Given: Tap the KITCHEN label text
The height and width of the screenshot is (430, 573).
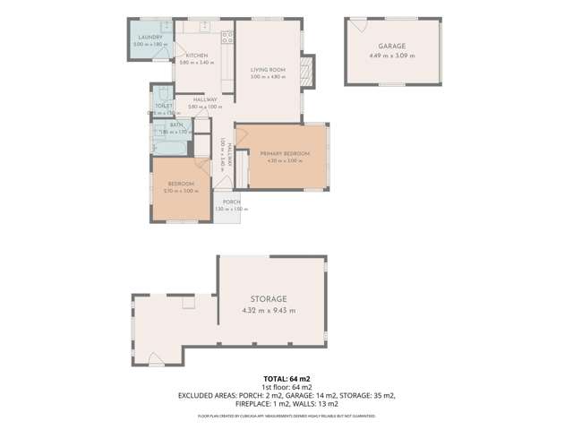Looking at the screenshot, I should (x=197, y=55).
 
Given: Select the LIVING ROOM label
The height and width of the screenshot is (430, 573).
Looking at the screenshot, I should (x=268, y=69).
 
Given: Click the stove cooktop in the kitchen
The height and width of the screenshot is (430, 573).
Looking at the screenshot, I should (x=227, y=37).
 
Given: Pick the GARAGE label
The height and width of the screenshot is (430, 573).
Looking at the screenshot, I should (x=391, y=46).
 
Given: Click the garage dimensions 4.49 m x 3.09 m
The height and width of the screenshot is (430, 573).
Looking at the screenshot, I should (x=391, y=55).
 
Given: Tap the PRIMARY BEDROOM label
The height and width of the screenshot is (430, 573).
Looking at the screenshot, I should (x=285, y=154).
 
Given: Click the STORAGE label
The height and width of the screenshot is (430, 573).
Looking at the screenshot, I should (x=269, y=298).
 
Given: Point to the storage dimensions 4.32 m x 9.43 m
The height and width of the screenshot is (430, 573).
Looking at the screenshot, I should (x=269, y=310).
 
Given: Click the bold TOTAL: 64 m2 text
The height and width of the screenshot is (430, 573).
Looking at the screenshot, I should (x=286, y=379).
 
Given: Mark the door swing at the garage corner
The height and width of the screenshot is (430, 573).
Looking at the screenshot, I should (x=356, y=27).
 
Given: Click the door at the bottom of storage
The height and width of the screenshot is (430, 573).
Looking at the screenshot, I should (x=157, y=361).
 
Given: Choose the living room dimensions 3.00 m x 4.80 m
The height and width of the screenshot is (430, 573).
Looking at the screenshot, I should (x=268, y=77).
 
